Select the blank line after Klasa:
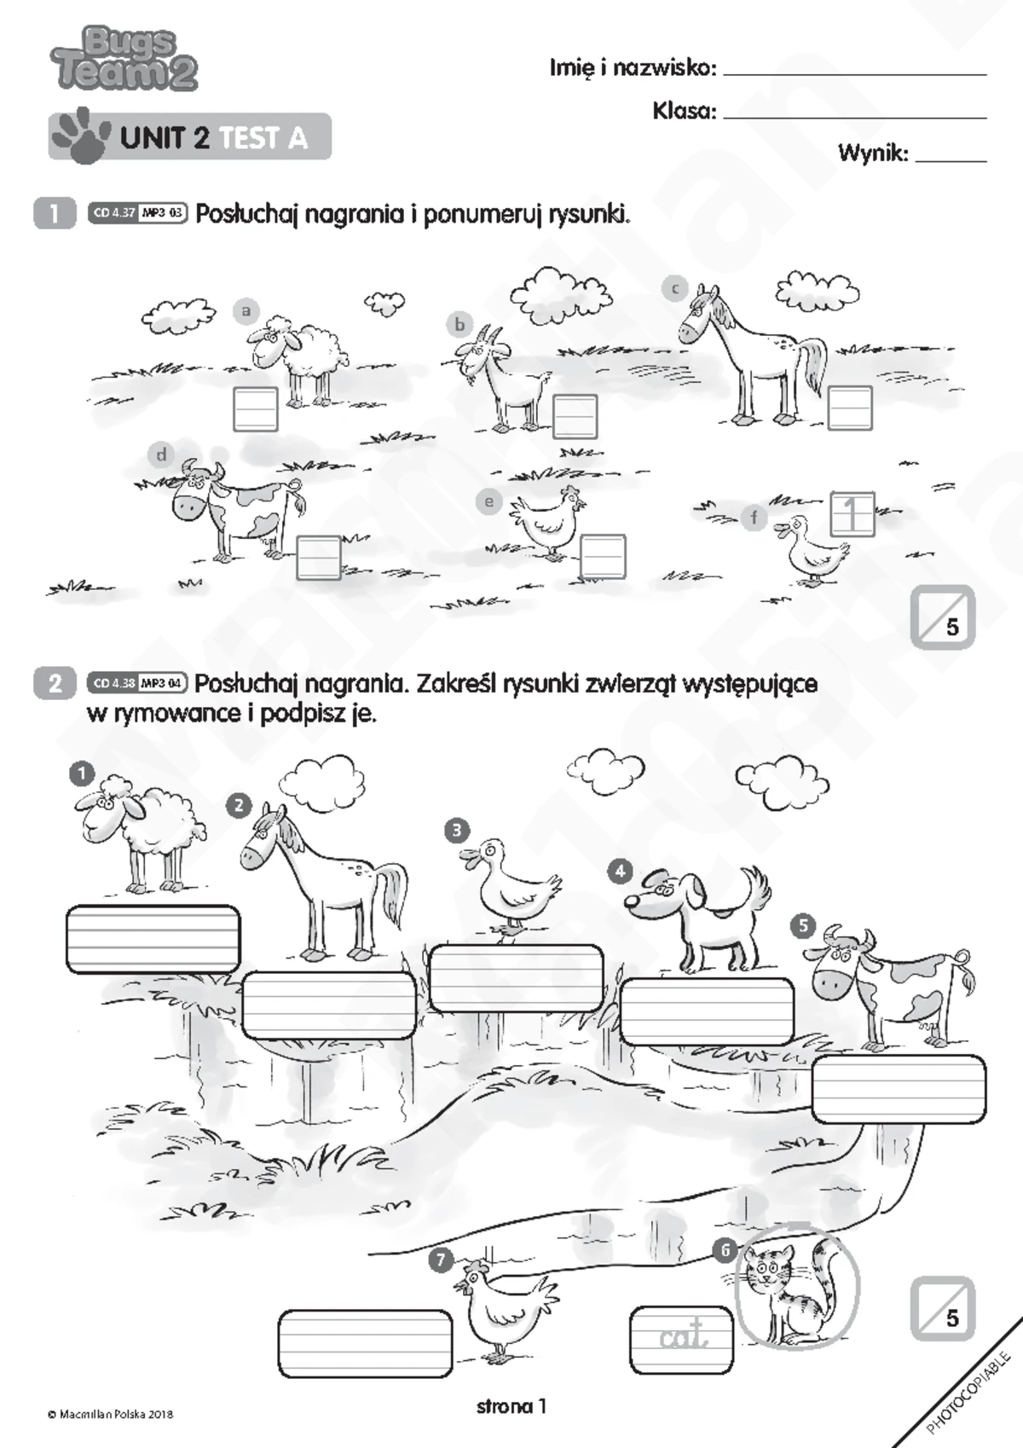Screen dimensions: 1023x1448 [855, 118]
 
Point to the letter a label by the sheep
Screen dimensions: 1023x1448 [246, 311]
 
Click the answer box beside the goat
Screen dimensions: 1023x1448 [575, 415]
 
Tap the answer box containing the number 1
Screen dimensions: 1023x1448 [852, 514]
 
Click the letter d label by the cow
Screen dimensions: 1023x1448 [162, 455]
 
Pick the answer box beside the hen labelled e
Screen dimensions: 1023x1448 [603, 556]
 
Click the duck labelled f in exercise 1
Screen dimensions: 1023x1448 [813, 550]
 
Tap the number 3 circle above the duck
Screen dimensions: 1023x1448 [457, 830]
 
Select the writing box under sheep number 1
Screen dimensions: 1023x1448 [153, 939]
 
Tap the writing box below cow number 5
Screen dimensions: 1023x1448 [899, 1089]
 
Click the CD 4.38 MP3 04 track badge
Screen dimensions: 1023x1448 [137, 682]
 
